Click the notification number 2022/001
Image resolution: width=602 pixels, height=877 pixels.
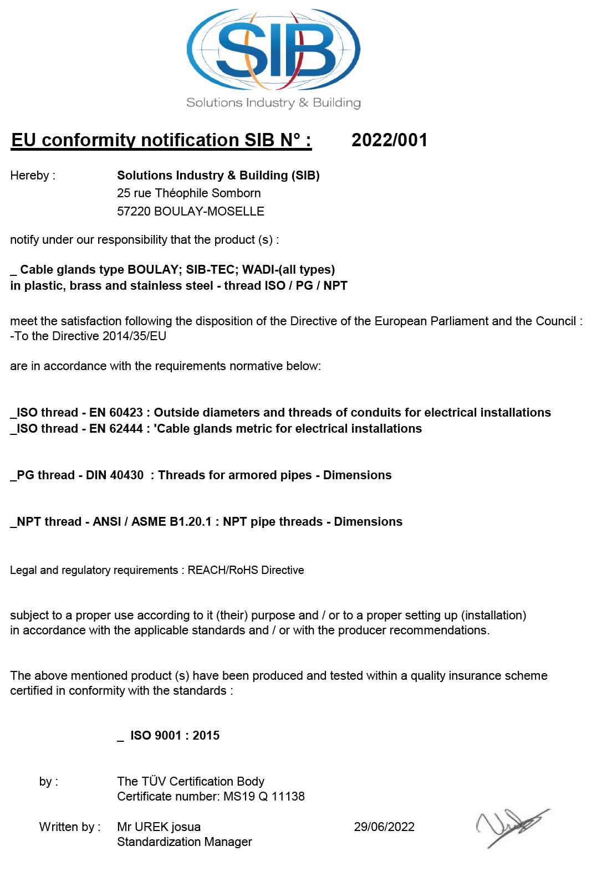pyautogui.click(x=389, y=140)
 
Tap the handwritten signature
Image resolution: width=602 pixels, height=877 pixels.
pyautogui.click(x=511, y=827)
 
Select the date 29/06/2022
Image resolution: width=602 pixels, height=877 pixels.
pyautogui.click(x=384, y=827)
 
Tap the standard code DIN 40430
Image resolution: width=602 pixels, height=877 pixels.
pyautogui.click(x=115, y=475)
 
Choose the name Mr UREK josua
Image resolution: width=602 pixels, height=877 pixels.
pyautogui.click(x=159, y=827)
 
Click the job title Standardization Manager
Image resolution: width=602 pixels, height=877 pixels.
pyautogui.click(x=185, y=842)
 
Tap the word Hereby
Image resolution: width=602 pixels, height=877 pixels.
pyautogui.click(x=30, y=176)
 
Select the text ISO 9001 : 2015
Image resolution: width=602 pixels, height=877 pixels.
pyautogui.click(x=175, y=736)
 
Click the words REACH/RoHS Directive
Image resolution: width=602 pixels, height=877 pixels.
pyautogui.click(x=246, y=570)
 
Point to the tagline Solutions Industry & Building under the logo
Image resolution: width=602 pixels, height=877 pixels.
pyautogui.click(x=273, y=102)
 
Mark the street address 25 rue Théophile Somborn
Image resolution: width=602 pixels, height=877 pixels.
pyautogui.click(x=188, y=193)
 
